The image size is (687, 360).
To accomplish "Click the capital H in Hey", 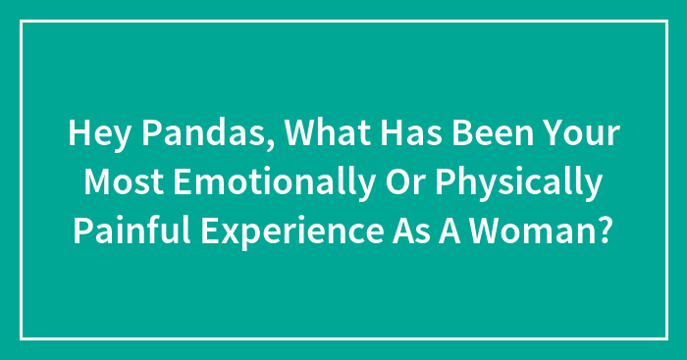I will pos(79,135).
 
